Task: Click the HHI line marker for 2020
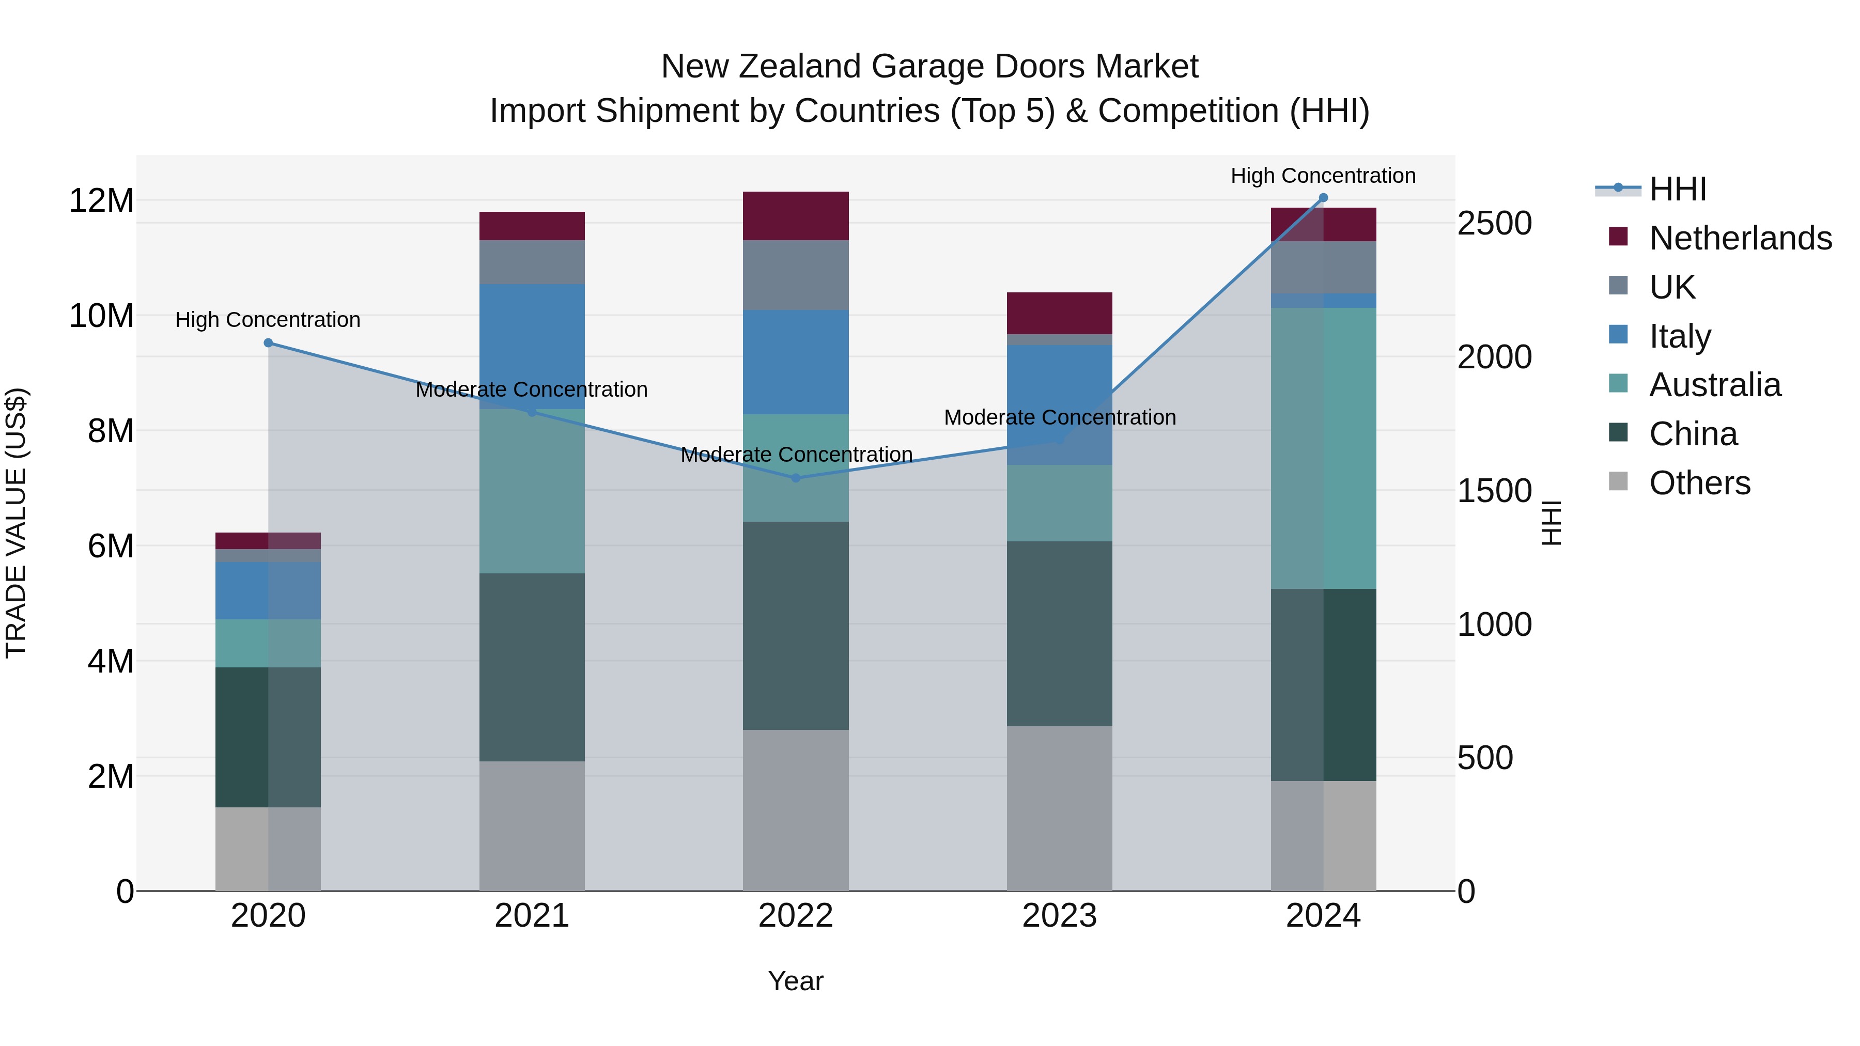pos(268,343)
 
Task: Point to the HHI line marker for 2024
pos(1323,198)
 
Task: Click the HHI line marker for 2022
pos(796,478)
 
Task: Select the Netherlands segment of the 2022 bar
pos(796,216)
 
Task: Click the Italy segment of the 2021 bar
pos(532,347)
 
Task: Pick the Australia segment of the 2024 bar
pos(1323,447)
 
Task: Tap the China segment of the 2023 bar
pos(1059,634)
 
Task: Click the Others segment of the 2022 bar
pos(796,810)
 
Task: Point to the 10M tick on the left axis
pos(101,316)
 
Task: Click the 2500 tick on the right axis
pos(1494,224)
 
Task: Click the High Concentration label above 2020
pos(268,320)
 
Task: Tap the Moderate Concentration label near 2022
pos(796,455)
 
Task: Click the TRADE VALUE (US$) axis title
pos(16,523)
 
